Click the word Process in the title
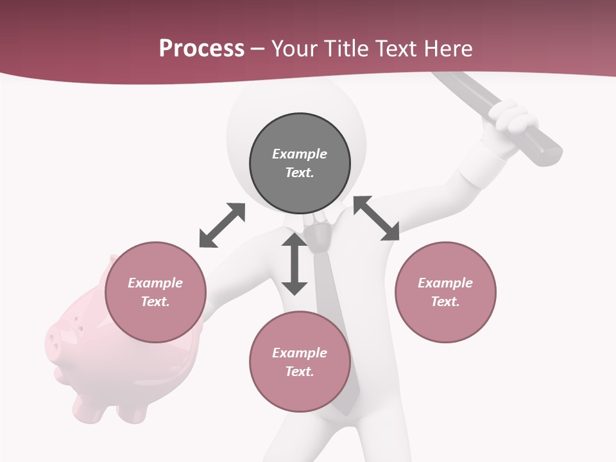point(201,49)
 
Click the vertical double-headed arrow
point(295,264)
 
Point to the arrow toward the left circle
point(222,225)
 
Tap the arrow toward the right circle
point(376,218)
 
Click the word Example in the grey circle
point(300,154)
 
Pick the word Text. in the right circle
point(445,302)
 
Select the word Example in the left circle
point(155,283)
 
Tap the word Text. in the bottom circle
point(300,372)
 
